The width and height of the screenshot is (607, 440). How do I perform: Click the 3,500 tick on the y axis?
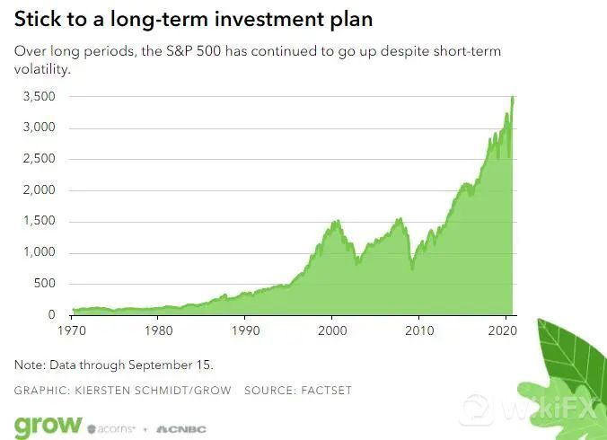click(39, 96)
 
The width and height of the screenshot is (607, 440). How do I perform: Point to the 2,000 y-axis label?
click(39, 190)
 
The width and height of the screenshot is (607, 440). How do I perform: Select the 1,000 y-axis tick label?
click(39, 252)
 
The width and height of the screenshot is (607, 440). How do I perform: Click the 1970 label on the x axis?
click(74, 331)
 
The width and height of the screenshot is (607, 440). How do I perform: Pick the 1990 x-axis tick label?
click(246, 331)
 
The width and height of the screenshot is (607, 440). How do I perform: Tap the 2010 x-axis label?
click(419, 331)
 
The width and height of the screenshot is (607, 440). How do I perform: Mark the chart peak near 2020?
click(513, 97)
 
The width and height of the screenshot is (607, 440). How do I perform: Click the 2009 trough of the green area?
click(412, 268)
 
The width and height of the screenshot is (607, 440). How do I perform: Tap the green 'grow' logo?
click(48, 424)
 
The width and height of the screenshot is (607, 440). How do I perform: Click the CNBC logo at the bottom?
click(181, 428)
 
